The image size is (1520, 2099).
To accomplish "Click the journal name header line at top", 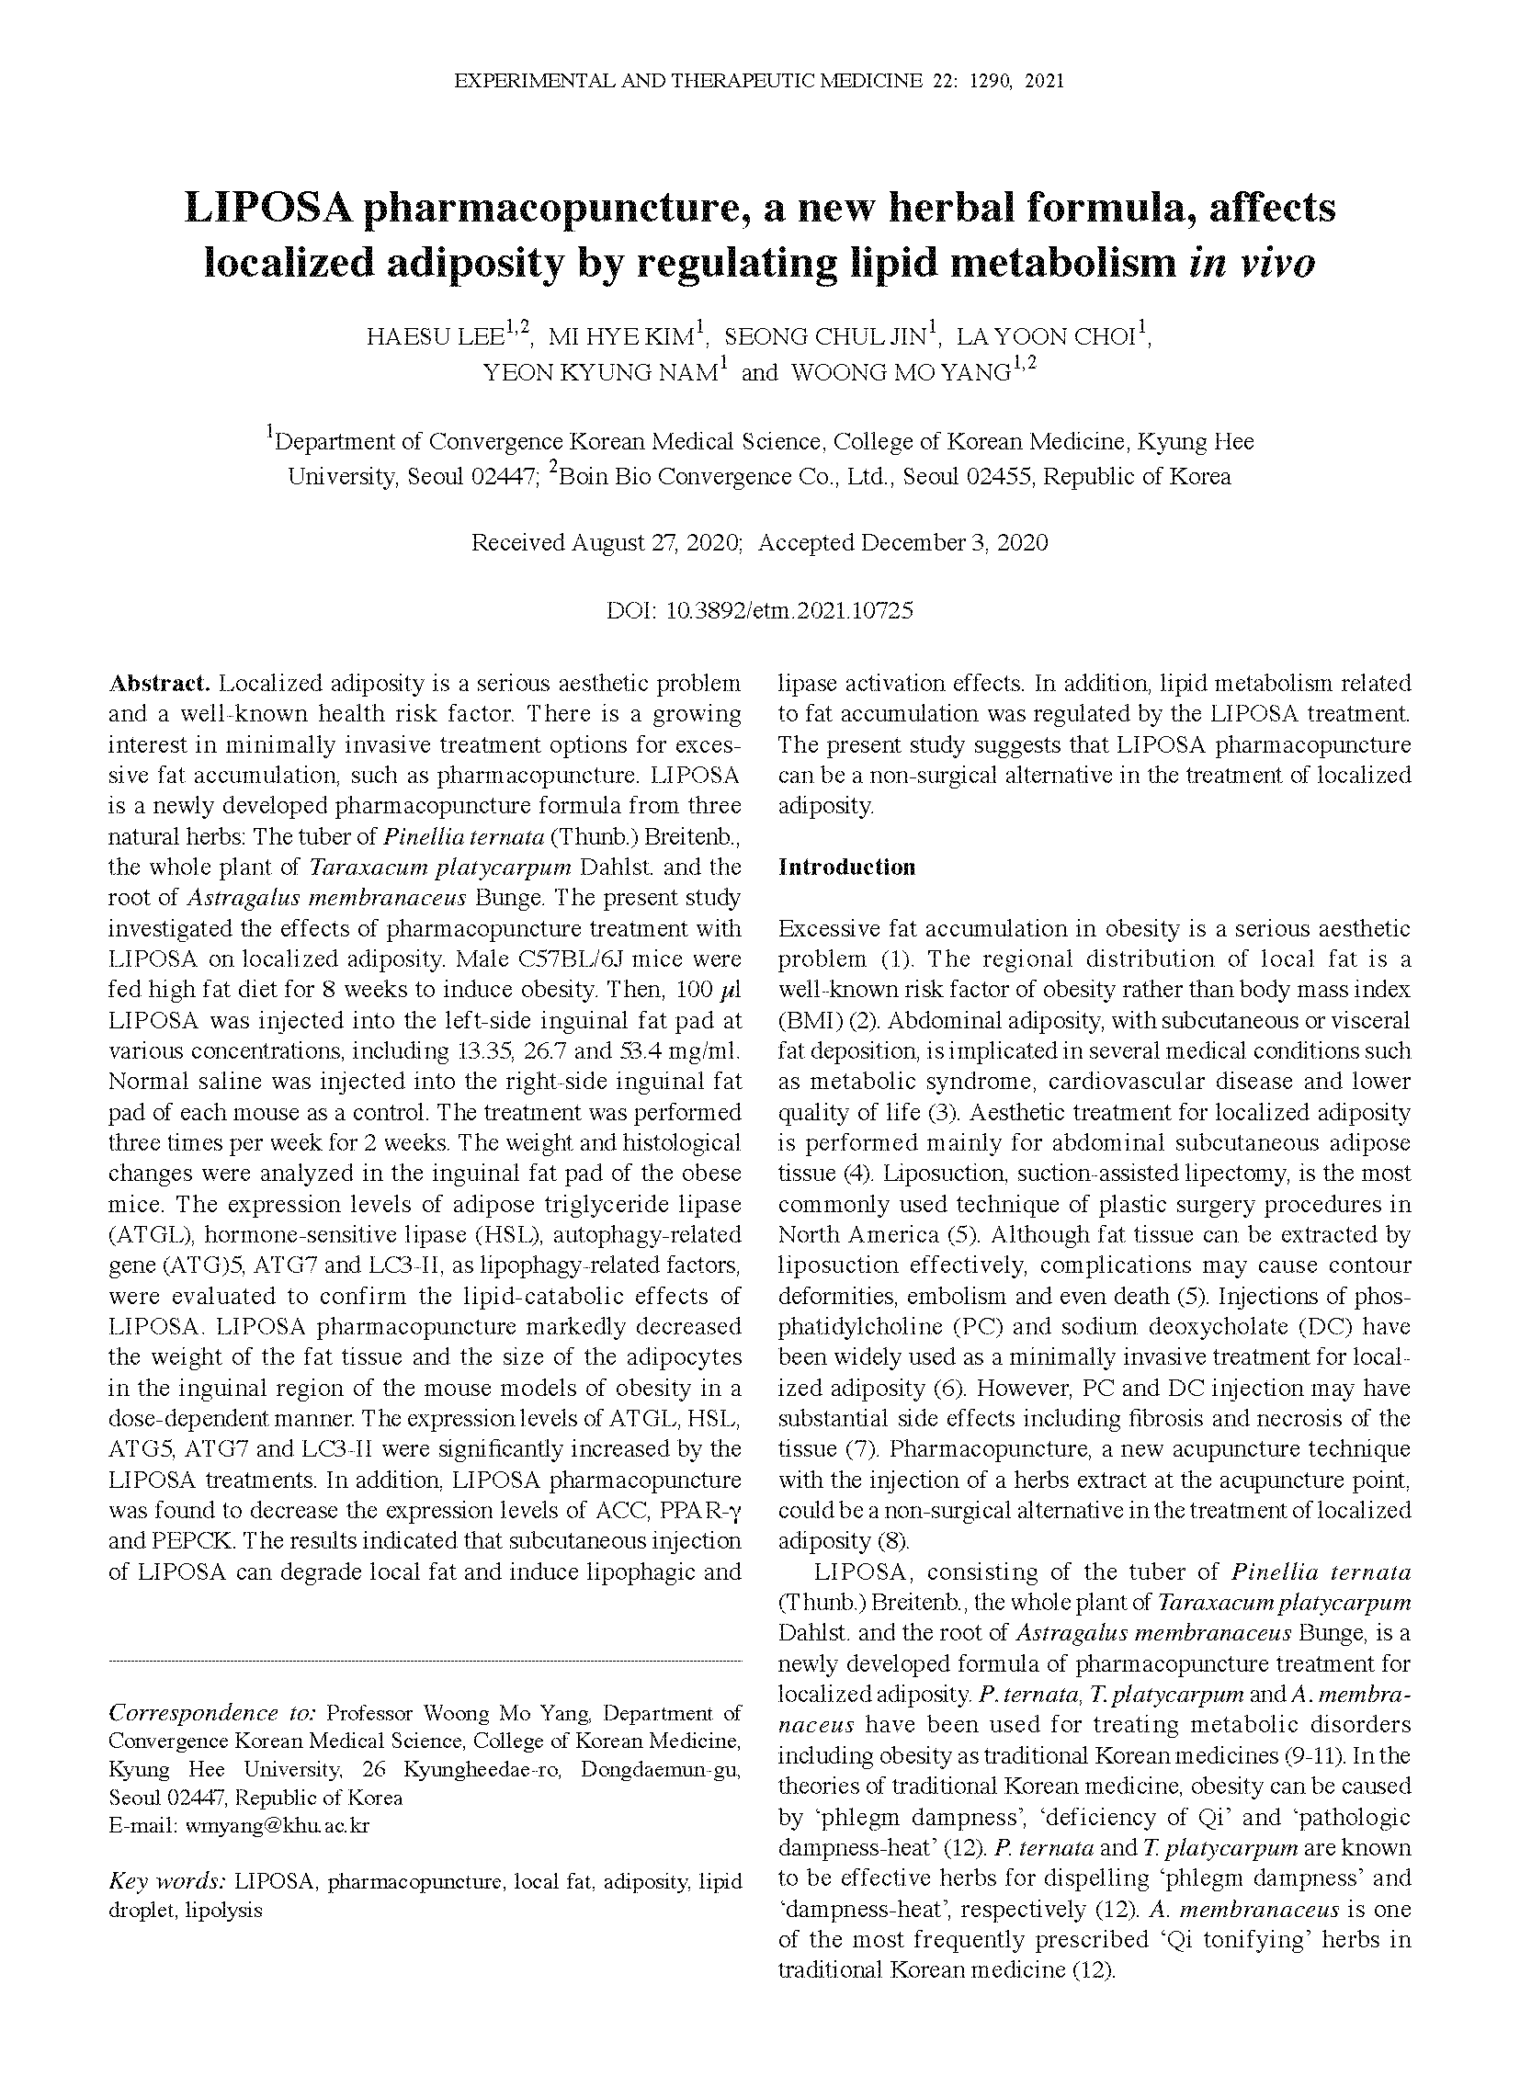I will click(x=759, y=82).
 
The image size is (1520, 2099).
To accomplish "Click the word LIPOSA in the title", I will click(x=267, y=208).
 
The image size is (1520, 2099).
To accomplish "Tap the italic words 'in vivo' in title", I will click(x=1251, y=263).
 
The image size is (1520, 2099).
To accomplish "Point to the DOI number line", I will click(x=759, y=611).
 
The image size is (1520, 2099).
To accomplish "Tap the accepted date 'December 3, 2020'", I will click(x=955, y=542).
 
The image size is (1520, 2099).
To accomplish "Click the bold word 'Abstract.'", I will click(x=160, y=684).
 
